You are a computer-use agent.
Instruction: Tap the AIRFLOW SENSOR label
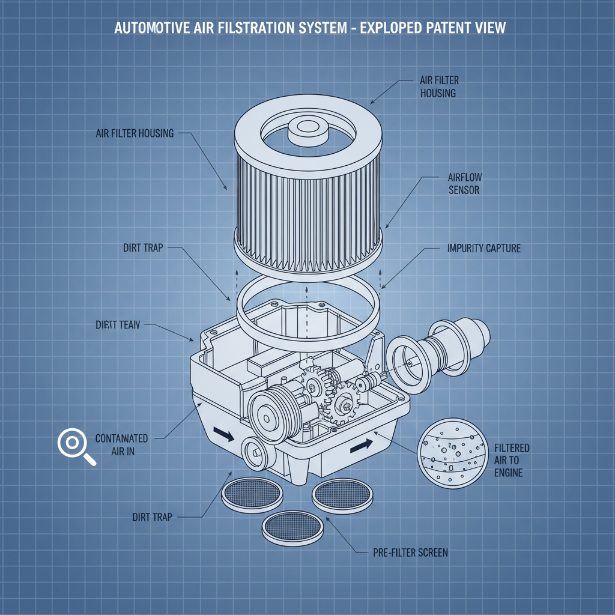pos(465,184)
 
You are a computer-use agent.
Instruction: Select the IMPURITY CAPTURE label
pos(484,248)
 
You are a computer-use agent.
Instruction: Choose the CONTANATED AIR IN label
pos(121,445)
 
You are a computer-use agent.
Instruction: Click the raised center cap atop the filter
pos(306,130)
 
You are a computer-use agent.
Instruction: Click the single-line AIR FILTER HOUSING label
pos(135,133)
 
